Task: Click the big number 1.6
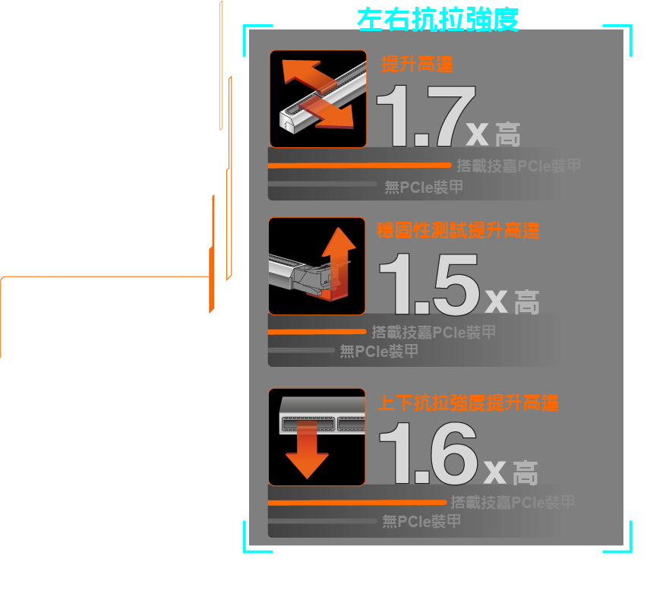(x=428, y=453)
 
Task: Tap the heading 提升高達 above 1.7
(x=417, y=65)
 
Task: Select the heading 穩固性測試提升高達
(x=458, y=230)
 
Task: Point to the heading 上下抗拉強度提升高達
(x=468, y=403)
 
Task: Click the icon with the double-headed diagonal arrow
(x=318, y=99)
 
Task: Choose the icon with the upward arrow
(x=317, y=266)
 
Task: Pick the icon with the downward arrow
(x=317, y=437)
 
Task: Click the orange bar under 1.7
(x=359, y=165)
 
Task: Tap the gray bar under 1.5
(x=301, y=350)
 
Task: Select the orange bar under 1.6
(x=357, y=502)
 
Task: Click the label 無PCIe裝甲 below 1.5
(x=379, y=352)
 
